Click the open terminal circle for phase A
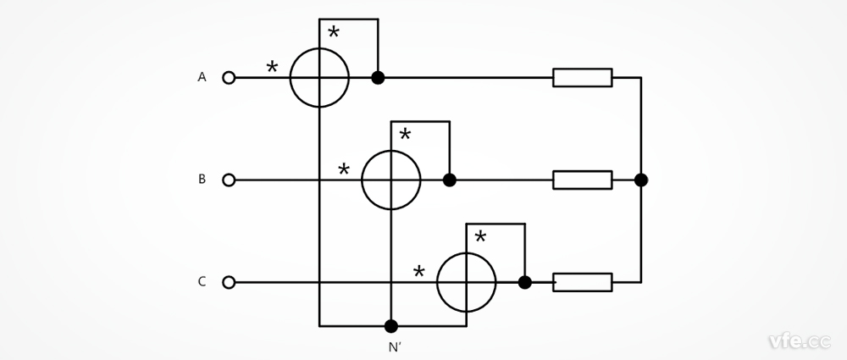click(x=229, y=78)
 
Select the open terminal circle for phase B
click(x=229, y=180)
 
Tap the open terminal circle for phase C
click(x=229, y=282)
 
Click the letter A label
click(x=202, y=77)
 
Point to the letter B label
click(x=202, y=179)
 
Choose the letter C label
click(x=202, y=281)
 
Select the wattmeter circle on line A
click(x=319, y=78)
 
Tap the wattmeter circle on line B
click(x=390, y=180)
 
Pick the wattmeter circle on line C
click(x=466, y=282)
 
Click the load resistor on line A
click(x=582, y=78)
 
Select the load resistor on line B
click(x=582, y=180)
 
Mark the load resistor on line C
click(x=582, y=282)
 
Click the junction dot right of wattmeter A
click(x=378, y=78)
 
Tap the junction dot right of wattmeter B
click(x=450, y=180)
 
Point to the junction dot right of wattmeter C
click(x=524, y=282)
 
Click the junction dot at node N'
click(x=390, y=325)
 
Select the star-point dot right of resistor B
click(x=641, y=180)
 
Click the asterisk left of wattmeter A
click(x=272, y=67)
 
